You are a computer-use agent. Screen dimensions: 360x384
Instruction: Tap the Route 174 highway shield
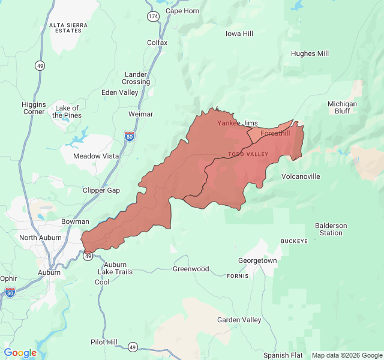coord(154,17)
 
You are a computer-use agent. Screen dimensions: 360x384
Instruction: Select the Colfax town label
coord(157,43)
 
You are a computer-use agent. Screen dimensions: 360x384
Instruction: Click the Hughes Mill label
coord(310,53)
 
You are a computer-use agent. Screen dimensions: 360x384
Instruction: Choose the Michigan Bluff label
coord(342,107)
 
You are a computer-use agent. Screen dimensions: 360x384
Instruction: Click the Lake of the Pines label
coord(66,112)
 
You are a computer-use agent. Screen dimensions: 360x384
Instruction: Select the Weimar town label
coord(140,114)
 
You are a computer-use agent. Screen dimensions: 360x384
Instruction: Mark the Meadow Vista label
coord(95,156)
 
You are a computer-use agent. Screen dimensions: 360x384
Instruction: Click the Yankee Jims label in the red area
coord(237,123)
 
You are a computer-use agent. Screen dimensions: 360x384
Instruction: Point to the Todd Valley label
coord(248,154)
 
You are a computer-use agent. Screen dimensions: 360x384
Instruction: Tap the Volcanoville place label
coord(301,176)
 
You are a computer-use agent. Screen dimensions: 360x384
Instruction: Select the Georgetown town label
coord(257,260)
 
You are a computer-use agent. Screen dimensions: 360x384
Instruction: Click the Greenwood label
coord(191,269)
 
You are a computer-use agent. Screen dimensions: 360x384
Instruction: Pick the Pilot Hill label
coord(104,342)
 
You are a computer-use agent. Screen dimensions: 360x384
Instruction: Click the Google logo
coord(20,353)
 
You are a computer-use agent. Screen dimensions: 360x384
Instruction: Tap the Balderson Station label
coord(331,229)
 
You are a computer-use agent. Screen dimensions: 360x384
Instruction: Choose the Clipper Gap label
coord(101,190)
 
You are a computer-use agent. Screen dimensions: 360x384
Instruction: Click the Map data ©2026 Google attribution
coord(346,355)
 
